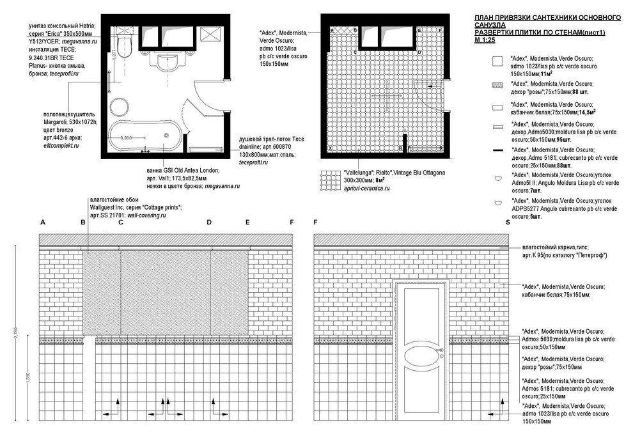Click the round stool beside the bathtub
120,107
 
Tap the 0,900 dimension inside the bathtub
127,138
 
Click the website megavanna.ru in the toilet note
79,41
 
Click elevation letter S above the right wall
508,222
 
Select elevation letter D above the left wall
208,222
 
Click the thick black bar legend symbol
496,150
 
